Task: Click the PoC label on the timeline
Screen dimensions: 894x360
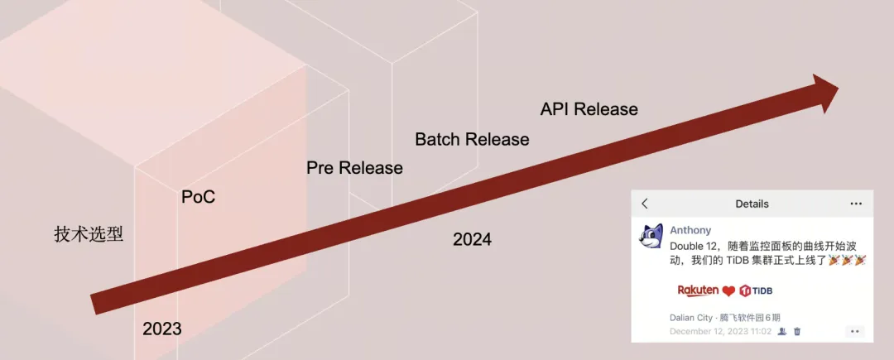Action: (199, 197)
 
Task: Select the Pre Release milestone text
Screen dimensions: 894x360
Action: (354, 168)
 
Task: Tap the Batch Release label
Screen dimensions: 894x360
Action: (472, 139)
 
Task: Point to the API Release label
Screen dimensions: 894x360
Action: (589, 108)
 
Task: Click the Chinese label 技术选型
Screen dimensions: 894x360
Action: (89, 234)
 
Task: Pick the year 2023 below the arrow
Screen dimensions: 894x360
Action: (162, 329)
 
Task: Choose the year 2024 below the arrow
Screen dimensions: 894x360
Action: (472, 239)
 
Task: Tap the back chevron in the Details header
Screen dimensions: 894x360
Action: (645, 204)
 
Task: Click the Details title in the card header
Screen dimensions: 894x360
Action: (752, 204)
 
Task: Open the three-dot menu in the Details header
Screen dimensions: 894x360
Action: (856, 204)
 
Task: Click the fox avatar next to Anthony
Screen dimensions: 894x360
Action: (651, 236)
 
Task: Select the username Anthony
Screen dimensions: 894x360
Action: (690, 230)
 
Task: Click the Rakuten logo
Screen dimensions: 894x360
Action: (698, 290)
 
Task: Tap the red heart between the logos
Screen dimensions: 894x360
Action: (728, 291)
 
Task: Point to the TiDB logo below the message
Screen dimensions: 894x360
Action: (756, 291)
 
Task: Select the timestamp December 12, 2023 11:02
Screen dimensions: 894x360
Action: (721, 331)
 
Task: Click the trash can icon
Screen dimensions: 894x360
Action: (797, 331)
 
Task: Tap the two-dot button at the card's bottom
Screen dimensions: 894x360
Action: (854, 332)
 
